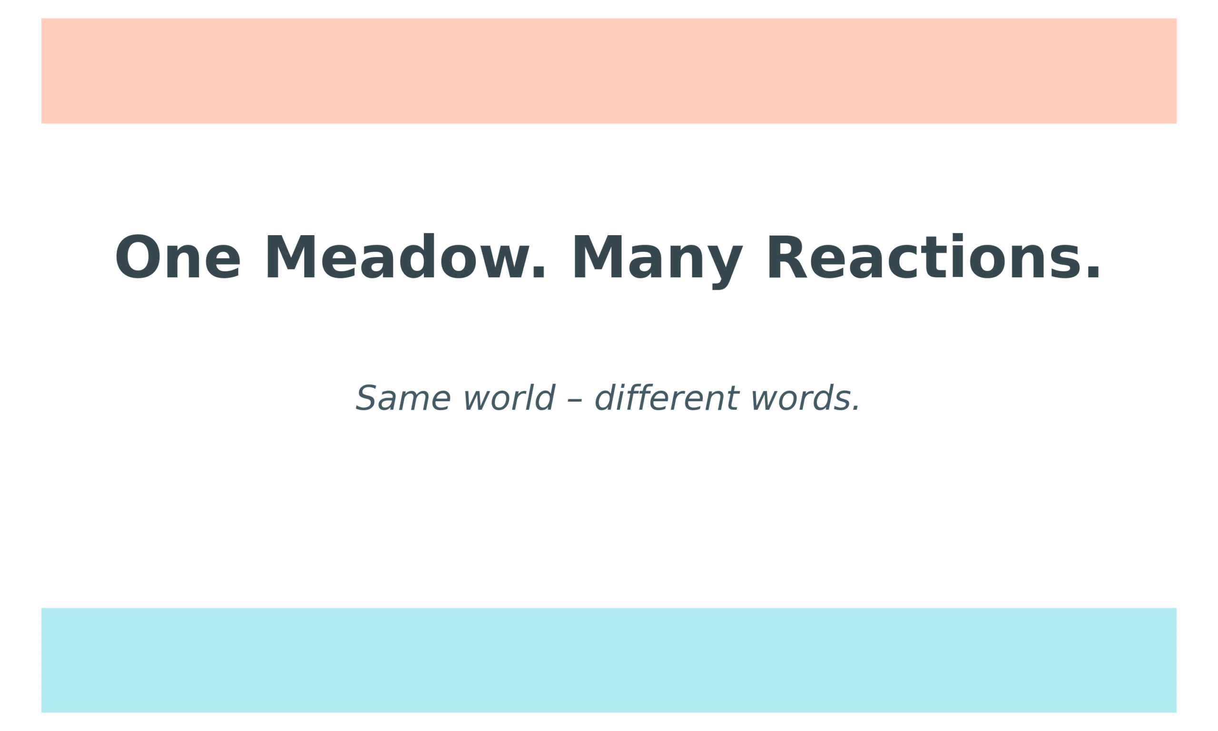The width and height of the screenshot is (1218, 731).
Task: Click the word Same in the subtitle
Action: click(402, 398)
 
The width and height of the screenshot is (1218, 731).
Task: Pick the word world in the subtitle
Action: click(509, 398)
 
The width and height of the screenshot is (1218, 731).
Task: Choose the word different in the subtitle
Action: click(667, 398)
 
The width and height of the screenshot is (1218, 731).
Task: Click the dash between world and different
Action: click(575, 400)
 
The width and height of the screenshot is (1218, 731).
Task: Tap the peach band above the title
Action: click(609, 71)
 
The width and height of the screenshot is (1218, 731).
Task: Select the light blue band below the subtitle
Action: click(609, 660)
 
